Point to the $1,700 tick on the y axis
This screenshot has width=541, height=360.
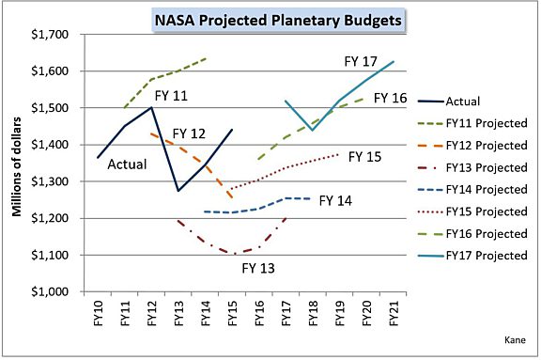coord(55,35)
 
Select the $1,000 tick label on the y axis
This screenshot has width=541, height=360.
coord(55,292)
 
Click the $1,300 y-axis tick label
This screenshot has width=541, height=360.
coord(55,182)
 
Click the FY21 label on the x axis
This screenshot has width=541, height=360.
coord(393,313)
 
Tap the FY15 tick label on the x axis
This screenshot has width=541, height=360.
coord(232,313)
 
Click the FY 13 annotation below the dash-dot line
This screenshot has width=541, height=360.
coord(258,269)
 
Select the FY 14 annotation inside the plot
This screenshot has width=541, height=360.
coord(336,200)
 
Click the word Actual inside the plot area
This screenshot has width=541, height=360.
coord(125,164)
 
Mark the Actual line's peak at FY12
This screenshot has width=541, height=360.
coord(151,107)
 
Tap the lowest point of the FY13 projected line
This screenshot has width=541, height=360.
coord(231,254)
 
